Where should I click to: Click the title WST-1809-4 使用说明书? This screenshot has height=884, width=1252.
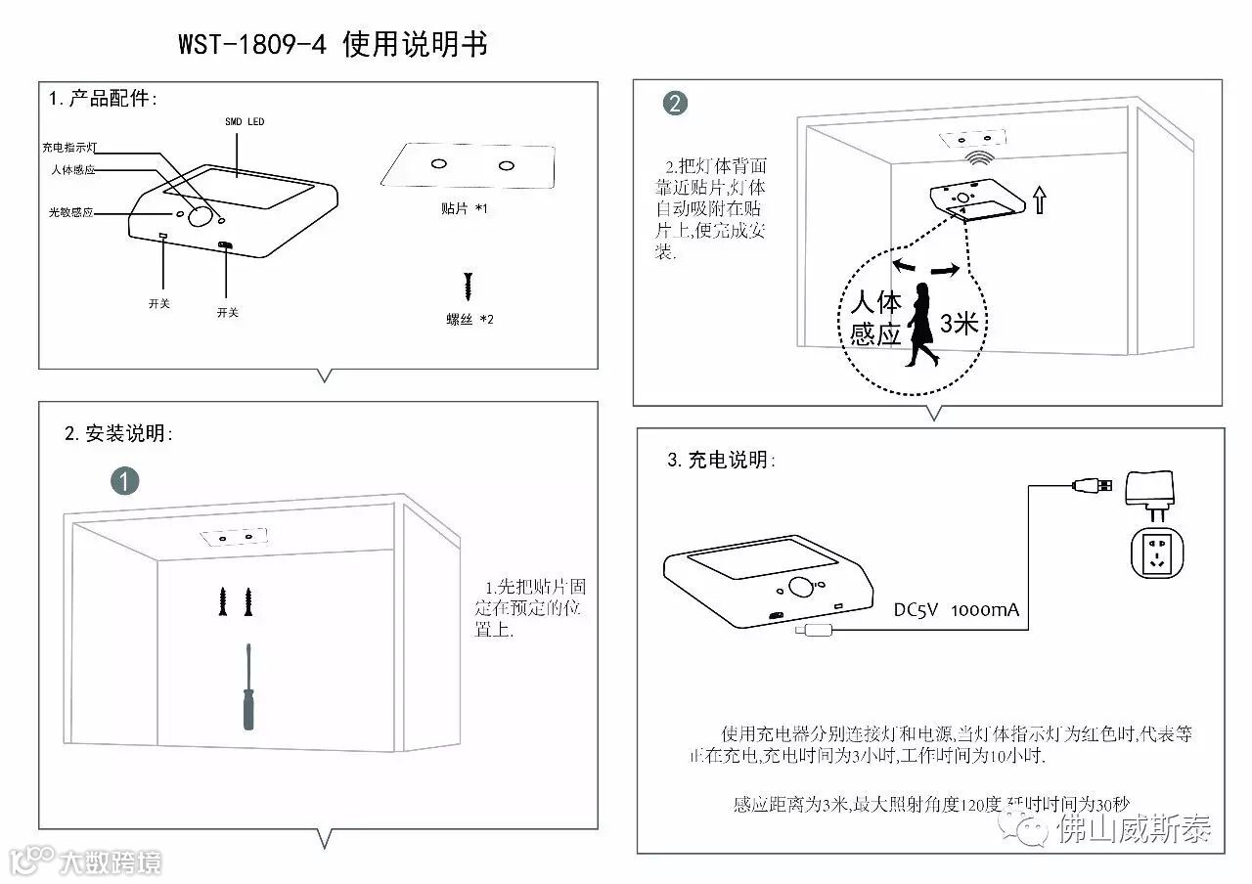tap(333, 45)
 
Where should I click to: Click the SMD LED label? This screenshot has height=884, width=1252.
tap(245, 122)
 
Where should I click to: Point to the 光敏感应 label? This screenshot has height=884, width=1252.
tap(71, 212)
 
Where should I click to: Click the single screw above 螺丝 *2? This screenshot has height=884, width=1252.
tap(469, 287)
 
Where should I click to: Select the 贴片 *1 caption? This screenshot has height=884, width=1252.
tap(464, 209)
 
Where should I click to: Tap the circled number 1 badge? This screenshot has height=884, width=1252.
tap(124, 480)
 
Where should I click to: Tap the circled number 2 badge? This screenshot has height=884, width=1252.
tap(675, 104)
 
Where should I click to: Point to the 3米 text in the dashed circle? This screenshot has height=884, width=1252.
tap(959, 324)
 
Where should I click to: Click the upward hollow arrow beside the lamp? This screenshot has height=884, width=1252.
tap(1039, 201)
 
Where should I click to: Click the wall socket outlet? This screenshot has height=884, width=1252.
tap(1157, 555)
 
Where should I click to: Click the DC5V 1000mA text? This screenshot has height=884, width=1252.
tap(956, 610)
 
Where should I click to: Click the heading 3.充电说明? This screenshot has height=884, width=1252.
tap(719, 460)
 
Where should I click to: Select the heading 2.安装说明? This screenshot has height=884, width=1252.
tap(118, 433)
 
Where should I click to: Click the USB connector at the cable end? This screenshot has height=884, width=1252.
tap(1091, 484)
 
